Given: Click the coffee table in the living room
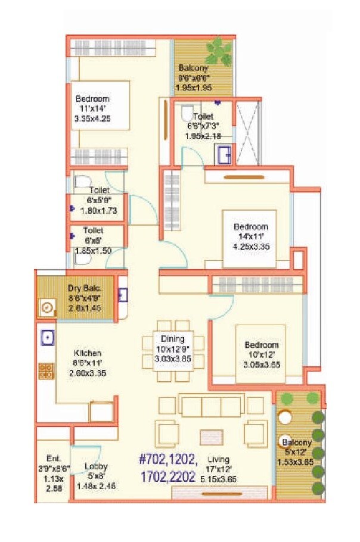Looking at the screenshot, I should pos(210,437).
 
